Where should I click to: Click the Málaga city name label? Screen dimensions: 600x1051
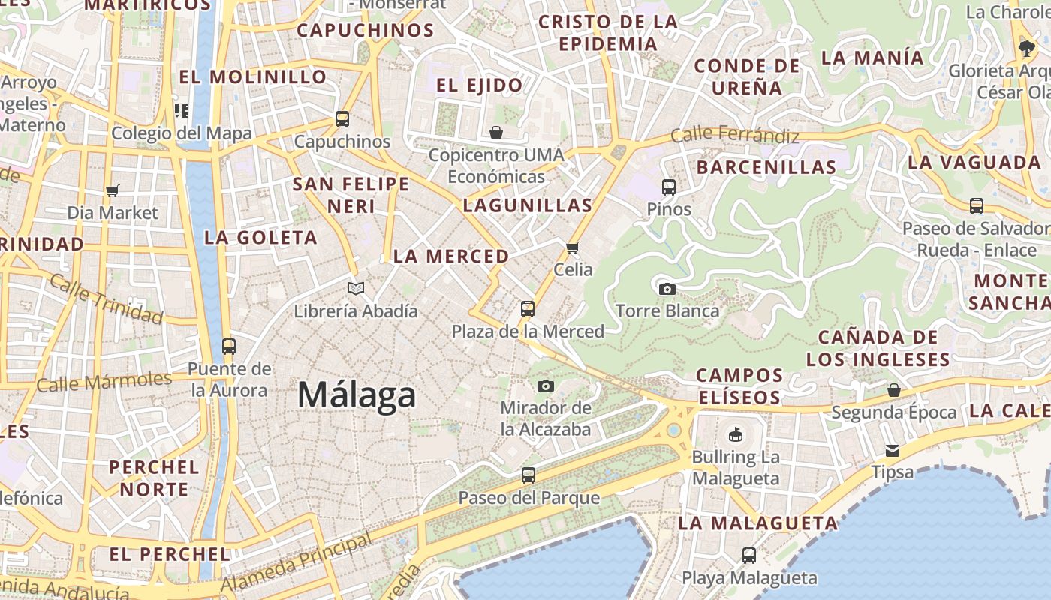click(x=357, y=394)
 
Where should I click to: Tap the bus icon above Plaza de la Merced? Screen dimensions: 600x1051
click(x=528, y=308)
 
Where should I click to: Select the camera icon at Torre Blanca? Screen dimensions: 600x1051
click(x=667, y=289)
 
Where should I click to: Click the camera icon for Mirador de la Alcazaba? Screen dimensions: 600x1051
click(x=546, y=385)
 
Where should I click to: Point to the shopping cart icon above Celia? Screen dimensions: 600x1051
click(x=573, y=247)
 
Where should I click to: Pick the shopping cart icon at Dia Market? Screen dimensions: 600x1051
click(x=113, y=190)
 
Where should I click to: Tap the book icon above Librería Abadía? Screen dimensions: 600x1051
click(x=356, y=288)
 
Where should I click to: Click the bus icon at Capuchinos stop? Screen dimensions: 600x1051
click(x=342, y=118)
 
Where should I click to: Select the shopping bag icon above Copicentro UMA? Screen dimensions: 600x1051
click(x=496, y=133)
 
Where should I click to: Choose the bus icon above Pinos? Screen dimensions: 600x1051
click(x=669, y=187)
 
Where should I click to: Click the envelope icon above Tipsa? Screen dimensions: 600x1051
click(x=893, y=450)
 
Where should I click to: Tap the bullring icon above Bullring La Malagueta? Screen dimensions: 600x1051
click(x=736, y=434)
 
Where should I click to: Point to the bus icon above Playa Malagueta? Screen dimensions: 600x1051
click(x=749, y=556)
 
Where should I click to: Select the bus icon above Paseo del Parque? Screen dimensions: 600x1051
click(x=529, y=475)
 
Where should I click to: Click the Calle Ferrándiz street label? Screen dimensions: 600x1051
click(x=734, y=135)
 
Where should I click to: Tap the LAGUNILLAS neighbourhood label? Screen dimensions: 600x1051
click(x=528, y=205)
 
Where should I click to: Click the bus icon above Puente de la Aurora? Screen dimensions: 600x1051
click(x=229, y=346)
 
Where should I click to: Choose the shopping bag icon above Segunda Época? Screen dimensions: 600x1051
click(x=893, y=390)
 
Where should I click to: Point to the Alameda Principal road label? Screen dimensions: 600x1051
click(x=297, y=563)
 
